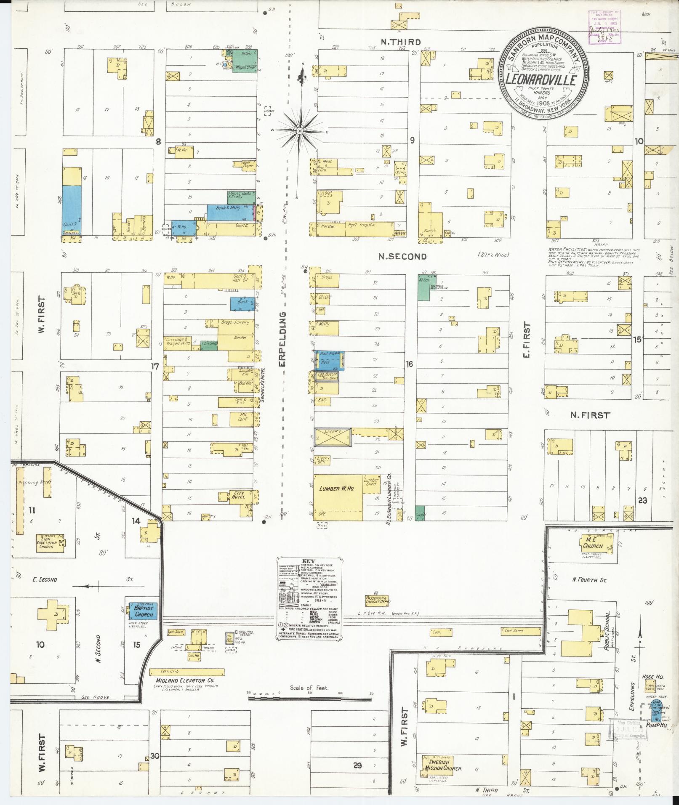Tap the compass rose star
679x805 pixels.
(x=299, y=131)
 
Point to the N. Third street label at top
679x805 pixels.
(x=395, y=41)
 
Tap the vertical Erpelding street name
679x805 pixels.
(x=282, y=339)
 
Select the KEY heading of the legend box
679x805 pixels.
(x=309, y=561)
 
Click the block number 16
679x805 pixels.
(x=409, y=364)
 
